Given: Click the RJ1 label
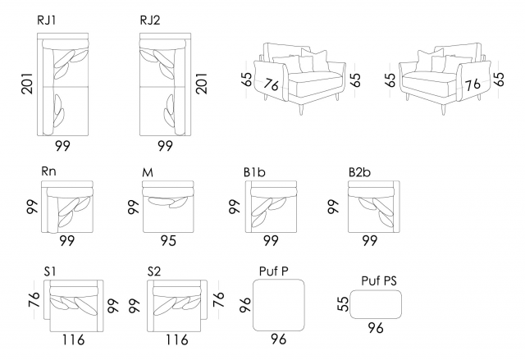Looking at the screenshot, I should pos(48,21).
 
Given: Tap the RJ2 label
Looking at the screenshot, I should pos(151,21).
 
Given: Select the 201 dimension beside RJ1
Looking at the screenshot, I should pos(26,83).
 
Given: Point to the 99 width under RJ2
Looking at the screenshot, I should pos(166,147).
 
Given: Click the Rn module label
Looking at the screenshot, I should pos(48,172).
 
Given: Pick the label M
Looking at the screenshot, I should pos(148,172).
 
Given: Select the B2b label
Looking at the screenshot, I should pos(360,172).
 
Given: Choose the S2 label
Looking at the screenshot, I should pos(155,271).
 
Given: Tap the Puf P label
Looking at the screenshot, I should pos(272,271).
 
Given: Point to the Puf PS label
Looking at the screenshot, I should pos(379,280).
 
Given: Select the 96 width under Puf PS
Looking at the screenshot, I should pos(376,329).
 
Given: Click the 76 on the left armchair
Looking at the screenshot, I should pos(272,84).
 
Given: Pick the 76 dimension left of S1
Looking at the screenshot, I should pos(34,299).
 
